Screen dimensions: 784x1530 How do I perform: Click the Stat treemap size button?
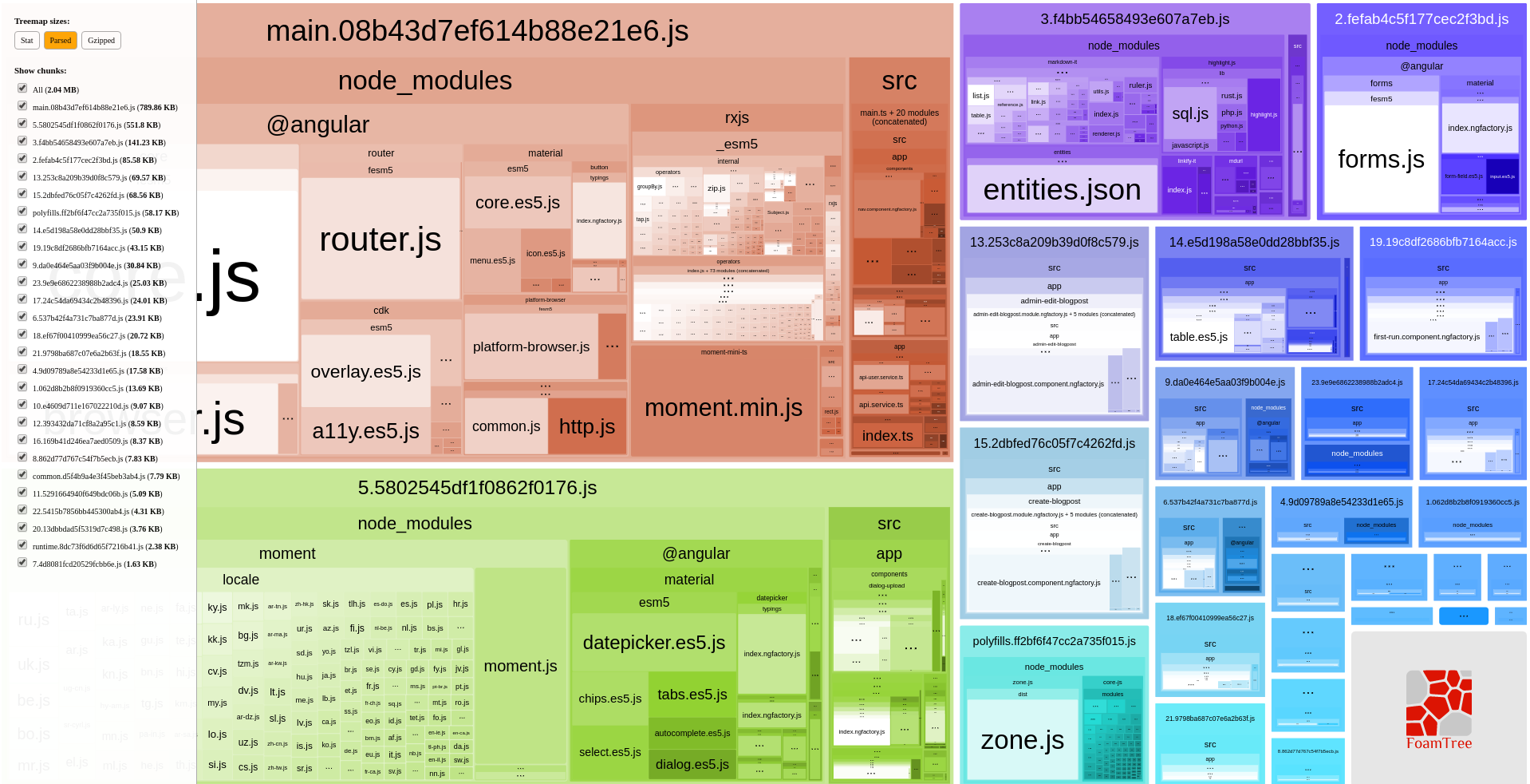pos(27,41)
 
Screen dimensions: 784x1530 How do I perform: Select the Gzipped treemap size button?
pos(101,41)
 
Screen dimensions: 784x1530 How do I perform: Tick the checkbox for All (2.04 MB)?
pos(22,89)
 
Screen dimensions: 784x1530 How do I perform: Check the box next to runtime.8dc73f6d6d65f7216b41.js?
pos(22,545)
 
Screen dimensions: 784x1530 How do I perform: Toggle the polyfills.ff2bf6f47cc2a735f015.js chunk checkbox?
pos(22,212)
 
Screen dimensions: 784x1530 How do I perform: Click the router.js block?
pos(381,240)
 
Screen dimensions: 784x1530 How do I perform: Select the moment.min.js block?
pos(724,408)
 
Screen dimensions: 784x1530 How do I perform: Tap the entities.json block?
pos(1062,190)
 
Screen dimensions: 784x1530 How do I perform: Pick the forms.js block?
pos(1381,160)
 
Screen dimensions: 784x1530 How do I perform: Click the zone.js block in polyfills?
pos(1022,740)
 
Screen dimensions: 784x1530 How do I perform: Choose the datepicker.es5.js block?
pos(653,643)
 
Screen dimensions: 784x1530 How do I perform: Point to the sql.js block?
pos(1190,113)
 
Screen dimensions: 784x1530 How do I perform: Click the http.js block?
pos(587,427)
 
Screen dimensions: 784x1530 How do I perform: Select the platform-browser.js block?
pos(530,346)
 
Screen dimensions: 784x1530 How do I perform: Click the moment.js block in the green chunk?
pos(520,667)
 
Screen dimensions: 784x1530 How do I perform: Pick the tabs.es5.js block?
pos(692,695)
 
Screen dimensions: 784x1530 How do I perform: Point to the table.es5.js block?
pos(1198,337)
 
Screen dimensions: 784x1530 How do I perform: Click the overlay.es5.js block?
pos(365,372)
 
